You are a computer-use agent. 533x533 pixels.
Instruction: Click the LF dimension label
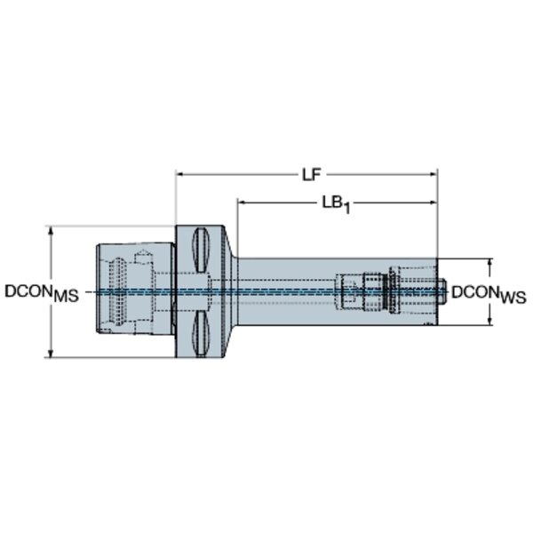pos(312,175)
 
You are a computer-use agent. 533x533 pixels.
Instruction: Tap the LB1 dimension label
pos(336,205)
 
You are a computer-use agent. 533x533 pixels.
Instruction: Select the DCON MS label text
pos(42,293)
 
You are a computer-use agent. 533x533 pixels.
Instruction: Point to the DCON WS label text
pos(489,294)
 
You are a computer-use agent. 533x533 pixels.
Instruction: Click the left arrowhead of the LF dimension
pos(179,174)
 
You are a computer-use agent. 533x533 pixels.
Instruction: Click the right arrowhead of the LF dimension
pos(434,174)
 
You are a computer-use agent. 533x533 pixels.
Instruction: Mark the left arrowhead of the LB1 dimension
pos(242,203)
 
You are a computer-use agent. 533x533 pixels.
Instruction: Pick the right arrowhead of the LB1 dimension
pos(434,203)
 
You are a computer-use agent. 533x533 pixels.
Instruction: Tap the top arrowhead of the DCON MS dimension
pos(51,230)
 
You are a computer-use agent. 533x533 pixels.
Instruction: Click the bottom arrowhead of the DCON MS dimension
pos(51,354)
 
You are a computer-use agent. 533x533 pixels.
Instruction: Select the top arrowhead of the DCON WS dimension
pos(489,262)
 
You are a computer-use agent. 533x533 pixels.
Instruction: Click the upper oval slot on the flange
pos(201,250)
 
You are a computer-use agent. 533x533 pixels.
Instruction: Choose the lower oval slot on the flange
pos(201,334)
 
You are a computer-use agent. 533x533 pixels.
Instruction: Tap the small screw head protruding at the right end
pos(442,291)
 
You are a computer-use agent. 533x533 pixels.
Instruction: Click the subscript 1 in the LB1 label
pos(346,208)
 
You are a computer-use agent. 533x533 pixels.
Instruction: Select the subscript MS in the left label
pos(67,296)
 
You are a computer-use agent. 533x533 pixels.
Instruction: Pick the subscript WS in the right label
pos(513,298)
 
